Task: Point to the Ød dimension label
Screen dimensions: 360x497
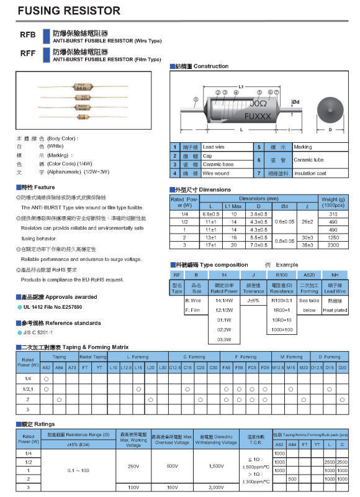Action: click(x=295, y=101)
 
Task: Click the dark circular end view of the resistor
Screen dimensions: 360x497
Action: click(x=330, y=109)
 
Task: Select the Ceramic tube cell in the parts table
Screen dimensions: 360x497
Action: click(x=308, y=160)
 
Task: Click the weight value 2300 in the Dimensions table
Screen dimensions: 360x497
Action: click(x=333, y=245)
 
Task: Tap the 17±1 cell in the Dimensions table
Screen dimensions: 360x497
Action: click(x=210, y=245)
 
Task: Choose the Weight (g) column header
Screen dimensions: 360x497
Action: click(x=333, y=202)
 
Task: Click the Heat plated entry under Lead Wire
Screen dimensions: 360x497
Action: click(x=335, y=310)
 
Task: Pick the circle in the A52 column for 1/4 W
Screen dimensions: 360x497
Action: click(x=47, y=378)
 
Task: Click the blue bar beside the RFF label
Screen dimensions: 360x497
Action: click(x=45, y=55)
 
